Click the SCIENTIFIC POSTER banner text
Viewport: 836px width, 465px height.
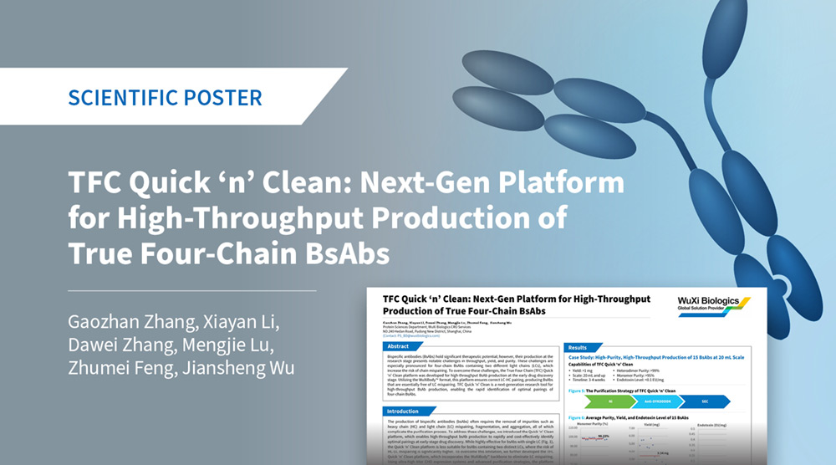pyautogui.click(x=165, y=97)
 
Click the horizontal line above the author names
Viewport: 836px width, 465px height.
pyautogui.click(x=192, y=290)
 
